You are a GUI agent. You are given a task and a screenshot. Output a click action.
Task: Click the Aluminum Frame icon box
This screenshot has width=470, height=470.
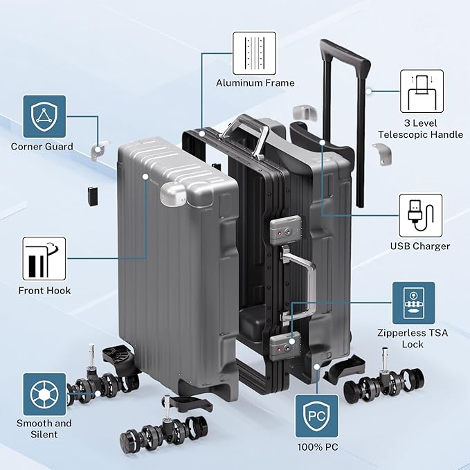pos(254,53)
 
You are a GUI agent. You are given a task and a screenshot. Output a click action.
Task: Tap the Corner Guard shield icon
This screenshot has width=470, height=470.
pos(44,116)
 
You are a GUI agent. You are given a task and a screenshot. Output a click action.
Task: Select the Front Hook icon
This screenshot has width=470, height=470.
pos(44,259)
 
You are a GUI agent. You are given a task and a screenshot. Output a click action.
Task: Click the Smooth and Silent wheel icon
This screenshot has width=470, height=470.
pos(44,394)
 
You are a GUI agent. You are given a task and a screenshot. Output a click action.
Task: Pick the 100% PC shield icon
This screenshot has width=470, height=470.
pos(317,416)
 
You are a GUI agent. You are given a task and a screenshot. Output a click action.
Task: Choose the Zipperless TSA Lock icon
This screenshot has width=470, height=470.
pos(414,302)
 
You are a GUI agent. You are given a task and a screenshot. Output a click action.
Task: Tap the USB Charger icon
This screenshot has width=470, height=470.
pos(421,215)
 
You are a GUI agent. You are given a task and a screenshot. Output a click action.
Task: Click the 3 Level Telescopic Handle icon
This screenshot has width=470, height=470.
pos(422,91)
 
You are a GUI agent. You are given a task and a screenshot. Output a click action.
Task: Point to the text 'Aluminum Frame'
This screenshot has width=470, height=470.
pos(255,83)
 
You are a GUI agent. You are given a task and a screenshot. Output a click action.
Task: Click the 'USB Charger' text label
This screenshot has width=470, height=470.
pos(420,246)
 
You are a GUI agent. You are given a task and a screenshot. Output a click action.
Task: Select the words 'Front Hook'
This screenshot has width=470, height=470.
pos(45,291)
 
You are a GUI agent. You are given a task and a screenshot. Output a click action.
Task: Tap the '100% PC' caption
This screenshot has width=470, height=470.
pos(318,447)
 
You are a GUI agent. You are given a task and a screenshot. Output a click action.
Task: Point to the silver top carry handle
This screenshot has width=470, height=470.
pos(246,136)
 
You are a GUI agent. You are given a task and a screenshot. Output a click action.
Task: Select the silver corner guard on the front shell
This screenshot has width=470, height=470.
pos(173,194)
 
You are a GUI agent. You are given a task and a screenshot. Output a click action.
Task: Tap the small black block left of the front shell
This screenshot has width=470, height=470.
pos(93,197)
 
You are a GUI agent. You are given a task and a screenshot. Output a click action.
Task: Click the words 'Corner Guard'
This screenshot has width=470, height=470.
pos(42,147)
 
